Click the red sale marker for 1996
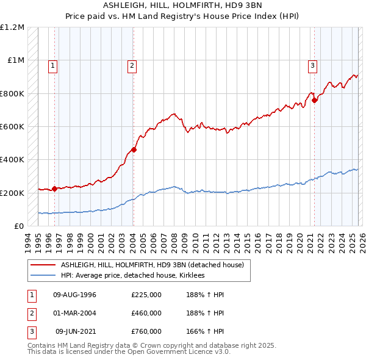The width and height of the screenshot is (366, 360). point(54,189)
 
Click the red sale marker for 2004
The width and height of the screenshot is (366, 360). point(134,149)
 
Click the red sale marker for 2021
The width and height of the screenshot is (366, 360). point(315,100)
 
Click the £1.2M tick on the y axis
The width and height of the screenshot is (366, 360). point(12,27)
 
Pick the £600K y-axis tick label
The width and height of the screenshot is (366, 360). point(12,127)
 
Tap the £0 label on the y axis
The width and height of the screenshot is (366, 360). point(18,226)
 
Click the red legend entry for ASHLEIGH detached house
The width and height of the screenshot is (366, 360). point(152,265)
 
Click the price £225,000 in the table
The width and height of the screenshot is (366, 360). point(146,295)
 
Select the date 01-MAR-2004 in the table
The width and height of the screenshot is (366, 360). point(75,313)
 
